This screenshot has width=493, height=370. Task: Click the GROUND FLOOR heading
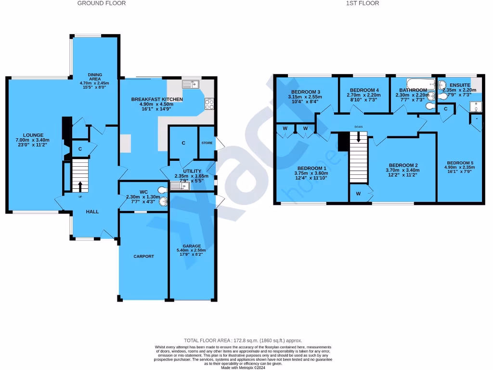[x=102, y=3]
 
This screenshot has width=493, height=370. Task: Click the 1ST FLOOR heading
[x=362, y=3]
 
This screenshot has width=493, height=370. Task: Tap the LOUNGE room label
[x=36, y=135]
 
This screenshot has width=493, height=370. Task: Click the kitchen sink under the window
[x=191, y=84]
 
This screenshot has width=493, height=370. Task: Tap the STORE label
[x=207, y=143]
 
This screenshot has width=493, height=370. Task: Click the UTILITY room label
[x=192, y=171]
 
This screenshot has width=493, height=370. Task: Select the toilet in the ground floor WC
[x=164, y=201]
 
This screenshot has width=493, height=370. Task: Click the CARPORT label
[x=143, y=256]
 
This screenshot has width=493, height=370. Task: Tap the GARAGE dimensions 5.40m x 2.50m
[x=191, y=251]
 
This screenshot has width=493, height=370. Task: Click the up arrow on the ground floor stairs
[x=80, y=185]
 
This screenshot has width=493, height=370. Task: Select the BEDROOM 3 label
[x=305, y=92]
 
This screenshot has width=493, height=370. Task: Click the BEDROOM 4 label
[x=364, y=90]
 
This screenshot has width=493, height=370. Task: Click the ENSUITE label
[x=459, y=84]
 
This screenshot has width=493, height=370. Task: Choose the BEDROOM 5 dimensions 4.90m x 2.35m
[x=460, y=168]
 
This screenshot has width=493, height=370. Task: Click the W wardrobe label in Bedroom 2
[x=358, y=194]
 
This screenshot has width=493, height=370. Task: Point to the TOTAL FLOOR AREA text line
[x=243, y=340]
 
